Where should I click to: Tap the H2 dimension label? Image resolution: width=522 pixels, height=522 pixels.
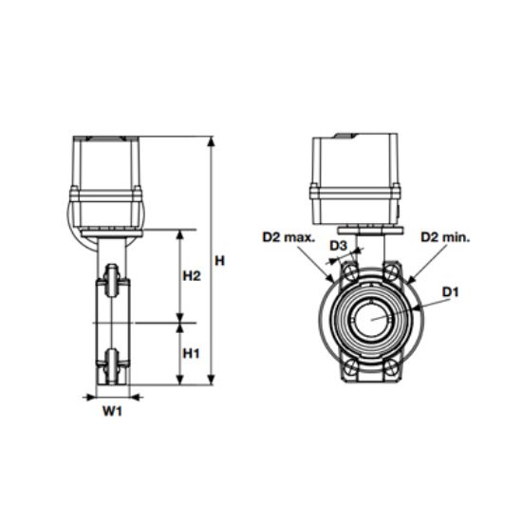(191, 276)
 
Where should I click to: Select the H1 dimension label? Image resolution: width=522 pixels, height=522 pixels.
(191, 353)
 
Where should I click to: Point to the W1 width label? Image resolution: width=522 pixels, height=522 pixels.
(112, 411)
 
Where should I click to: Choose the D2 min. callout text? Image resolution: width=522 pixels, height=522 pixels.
(445, 235)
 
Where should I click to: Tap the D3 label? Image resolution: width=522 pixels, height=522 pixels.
(339, 247)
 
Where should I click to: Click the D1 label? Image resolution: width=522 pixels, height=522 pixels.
(450, 292)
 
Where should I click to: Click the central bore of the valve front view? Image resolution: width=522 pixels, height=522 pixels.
(371, 320)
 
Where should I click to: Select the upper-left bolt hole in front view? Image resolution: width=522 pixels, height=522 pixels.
(351, 274)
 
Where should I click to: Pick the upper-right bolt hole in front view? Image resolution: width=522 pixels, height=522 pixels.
(391, 274)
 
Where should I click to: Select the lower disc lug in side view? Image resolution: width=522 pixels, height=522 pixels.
(112, 362)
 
